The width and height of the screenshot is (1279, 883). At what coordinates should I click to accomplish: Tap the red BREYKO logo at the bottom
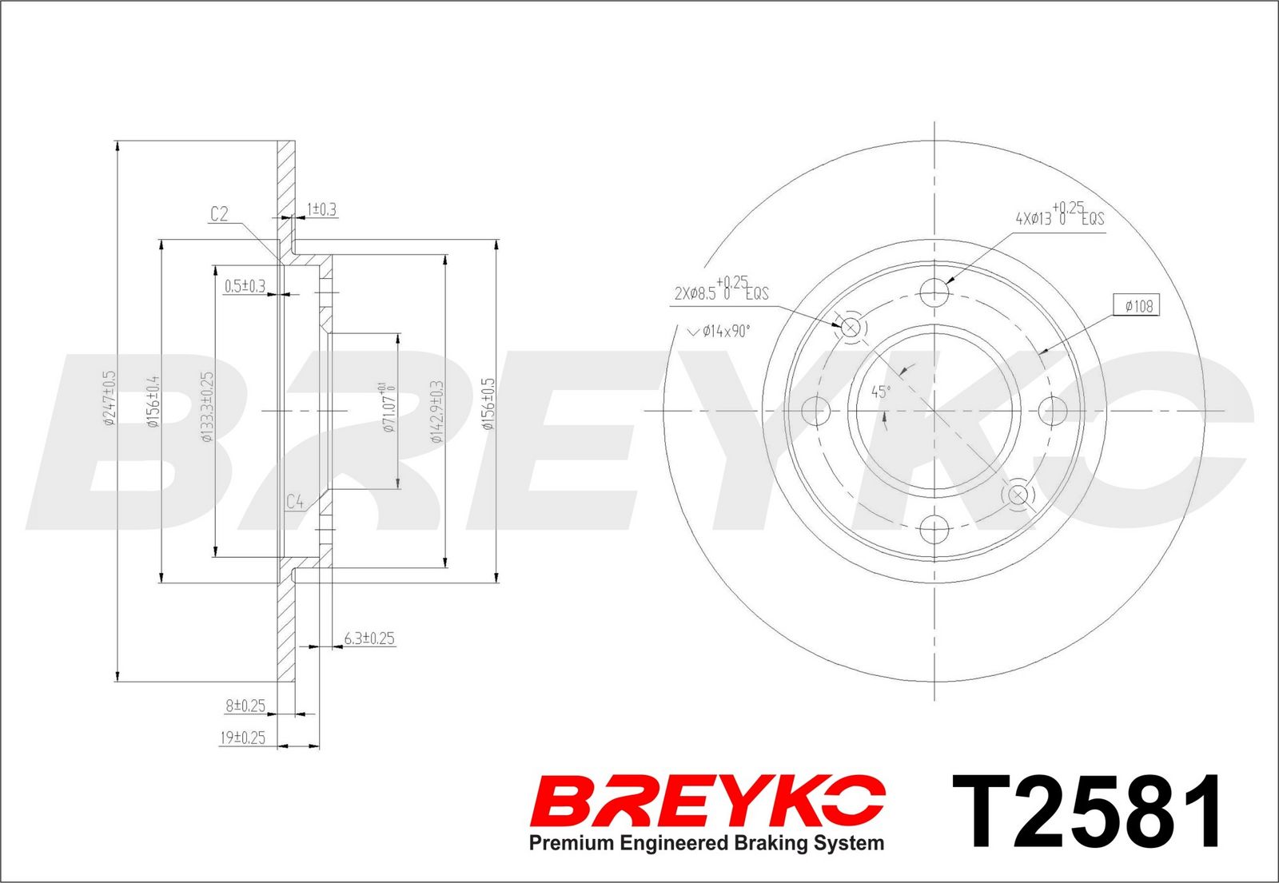coord(707,800)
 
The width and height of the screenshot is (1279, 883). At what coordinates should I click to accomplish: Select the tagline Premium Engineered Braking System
coord(707,843)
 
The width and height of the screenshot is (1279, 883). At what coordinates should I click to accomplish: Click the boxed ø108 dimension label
coord(1137,307)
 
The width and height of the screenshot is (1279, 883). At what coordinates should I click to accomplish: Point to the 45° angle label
coord(880,392)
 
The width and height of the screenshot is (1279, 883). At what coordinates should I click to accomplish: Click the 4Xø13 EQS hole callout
coord(1060,214)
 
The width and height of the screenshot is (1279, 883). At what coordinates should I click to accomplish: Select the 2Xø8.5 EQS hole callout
coord(722,289)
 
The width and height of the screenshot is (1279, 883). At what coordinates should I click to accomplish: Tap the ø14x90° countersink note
coord(719,331)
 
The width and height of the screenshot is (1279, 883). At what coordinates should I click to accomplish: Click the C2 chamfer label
coord(219,214)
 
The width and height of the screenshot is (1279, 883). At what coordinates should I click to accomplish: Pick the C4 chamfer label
coord(295,503)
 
